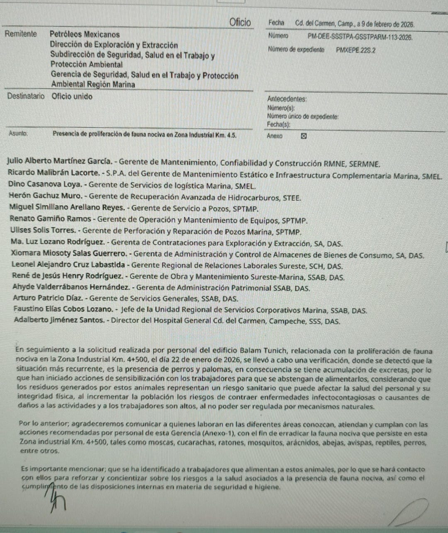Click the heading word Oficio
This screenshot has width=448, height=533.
(x=240, y=22)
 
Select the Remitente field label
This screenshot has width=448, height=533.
(x=21, y=34)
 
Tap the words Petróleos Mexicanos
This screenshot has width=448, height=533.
(x=85, y=34)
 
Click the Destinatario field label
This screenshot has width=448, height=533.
(x=26, y=96)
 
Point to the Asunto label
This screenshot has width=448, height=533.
(x=18, y=133)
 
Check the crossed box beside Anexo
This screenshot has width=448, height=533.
(x=303, y=136)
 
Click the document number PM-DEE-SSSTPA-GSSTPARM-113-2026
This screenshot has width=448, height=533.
(x=360, y=37)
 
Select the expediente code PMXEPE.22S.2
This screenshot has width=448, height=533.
(x=356, y=50)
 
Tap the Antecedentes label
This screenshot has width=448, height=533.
(x=287, y=99)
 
